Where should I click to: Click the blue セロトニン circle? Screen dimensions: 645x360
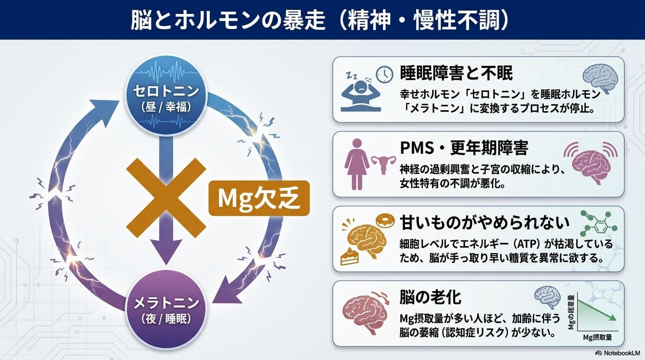pyautogui.click(x=166, y=95)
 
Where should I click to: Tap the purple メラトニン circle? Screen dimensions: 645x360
pyautogui.click(x=166, y=309)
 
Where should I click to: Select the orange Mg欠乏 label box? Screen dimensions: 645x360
pyautogui.click(x=259, y=198)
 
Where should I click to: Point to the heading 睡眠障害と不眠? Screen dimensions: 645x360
pyautogui.click(x=457, y=73)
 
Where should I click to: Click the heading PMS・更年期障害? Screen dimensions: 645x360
pyautogui.click(x=464, y=148)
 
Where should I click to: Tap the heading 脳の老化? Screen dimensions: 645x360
pyautogui.click(x=430, y=297)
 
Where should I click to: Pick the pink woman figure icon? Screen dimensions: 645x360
pyautogui.click(x=357, y=164)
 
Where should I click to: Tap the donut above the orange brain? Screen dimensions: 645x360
pyautogui.click(x=385, y=221)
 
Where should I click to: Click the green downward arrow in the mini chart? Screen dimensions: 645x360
pyautogui.click(x=597, y=310)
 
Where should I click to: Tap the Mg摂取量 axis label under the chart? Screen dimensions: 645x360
pyautogui.click(x=597, y=337)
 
